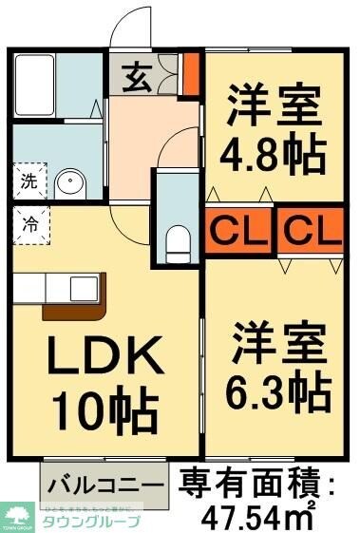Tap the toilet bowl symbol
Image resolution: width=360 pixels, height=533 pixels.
point(178,243)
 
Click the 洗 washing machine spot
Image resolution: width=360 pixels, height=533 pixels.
point(28,181)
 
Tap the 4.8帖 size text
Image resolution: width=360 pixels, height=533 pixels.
point(273,151)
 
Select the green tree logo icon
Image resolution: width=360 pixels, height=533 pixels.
point(17,514)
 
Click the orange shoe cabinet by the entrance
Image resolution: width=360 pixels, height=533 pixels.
point(190,75)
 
